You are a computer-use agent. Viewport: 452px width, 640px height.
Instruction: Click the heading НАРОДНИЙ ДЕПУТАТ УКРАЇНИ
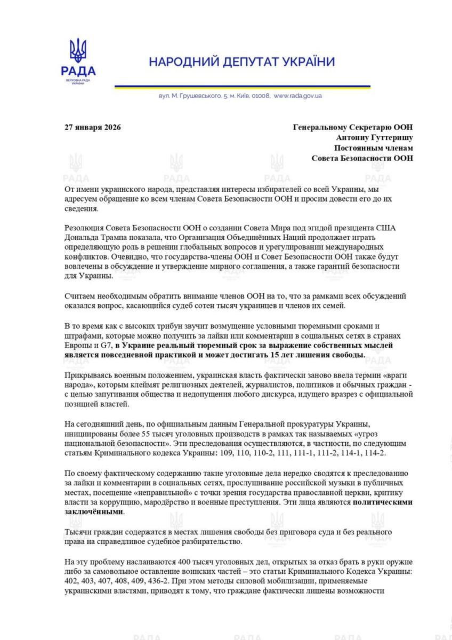(x=241, y=62)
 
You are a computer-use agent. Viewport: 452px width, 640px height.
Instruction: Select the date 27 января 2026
(x=93, y=127)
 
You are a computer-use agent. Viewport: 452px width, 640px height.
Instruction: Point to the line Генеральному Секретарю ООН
(x=353, y=127)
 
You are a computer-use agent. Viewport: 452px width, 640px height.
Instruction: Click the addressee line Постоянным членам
(x=373, y=148)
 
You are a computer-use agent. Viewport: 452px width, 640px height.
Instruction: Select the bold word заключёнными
(x=93, y=511)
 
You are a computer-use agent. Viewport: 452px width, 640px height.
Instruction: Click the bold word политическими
(x=382, y=502)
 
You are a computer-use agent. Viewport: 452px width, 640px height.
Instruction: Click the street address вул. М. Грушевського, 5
(x=193, y=96)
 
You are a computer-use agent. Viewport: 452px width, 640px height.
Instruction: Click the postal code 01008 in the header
(x=260, y=96)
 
